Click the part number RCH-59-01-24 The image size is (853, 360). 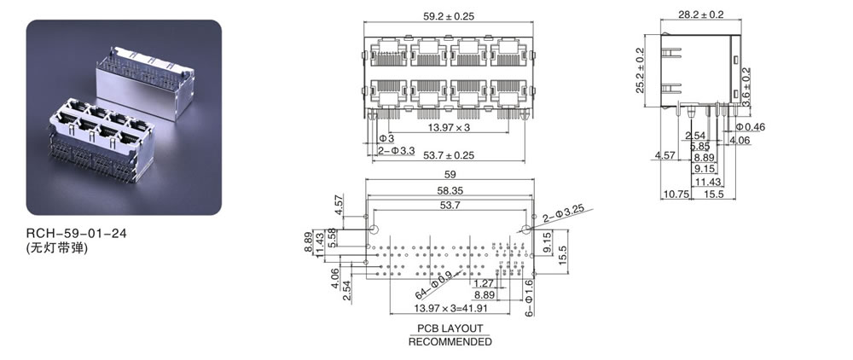[x=76, y=233]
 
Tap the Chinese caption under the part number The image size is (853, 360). [x=56, y=248]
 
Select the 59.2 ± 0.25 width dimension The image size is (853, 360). [x=449, y=15]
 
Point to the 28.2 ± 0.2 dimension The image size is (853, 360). [x=700, y=15]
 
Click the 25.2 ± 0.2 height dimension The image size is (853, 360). [x=640, y=70]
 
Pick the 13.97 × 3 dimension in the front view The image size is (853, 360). [x=449, y=127]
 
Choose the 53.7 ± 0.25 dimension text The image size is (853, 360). [x=449, y=155]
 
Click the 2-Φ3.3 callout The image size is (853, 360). [x=396, y=150]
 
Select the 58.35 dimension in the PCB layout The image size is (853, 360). [x=450, y=190]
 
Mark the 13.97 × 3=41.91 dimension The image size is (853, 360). [x=451, y=308]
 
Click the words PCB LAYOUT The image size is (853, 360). [x=450, y=328]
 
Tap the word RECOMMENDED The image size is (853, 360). [x=450, y=342]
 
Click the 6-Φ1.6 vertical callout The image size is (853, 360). [x=530, y=298]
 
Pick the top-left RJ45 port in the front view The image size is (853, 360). [x=388, y=53]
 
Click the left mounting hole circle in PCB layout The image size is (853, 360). [x=374, y=229]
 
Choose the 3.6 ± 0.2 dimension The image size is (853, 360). [x=746, y=86]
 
